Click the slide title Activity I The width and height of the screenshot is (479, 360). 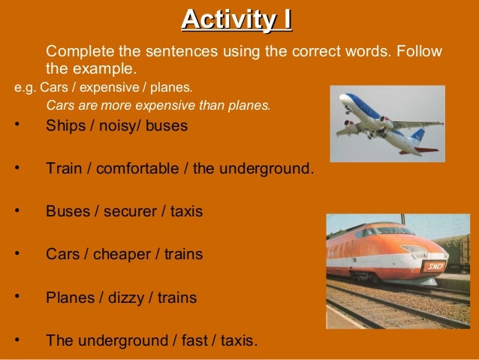tap(236, 18)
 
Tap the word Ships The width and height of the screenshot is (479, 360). tap(65, 126)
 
